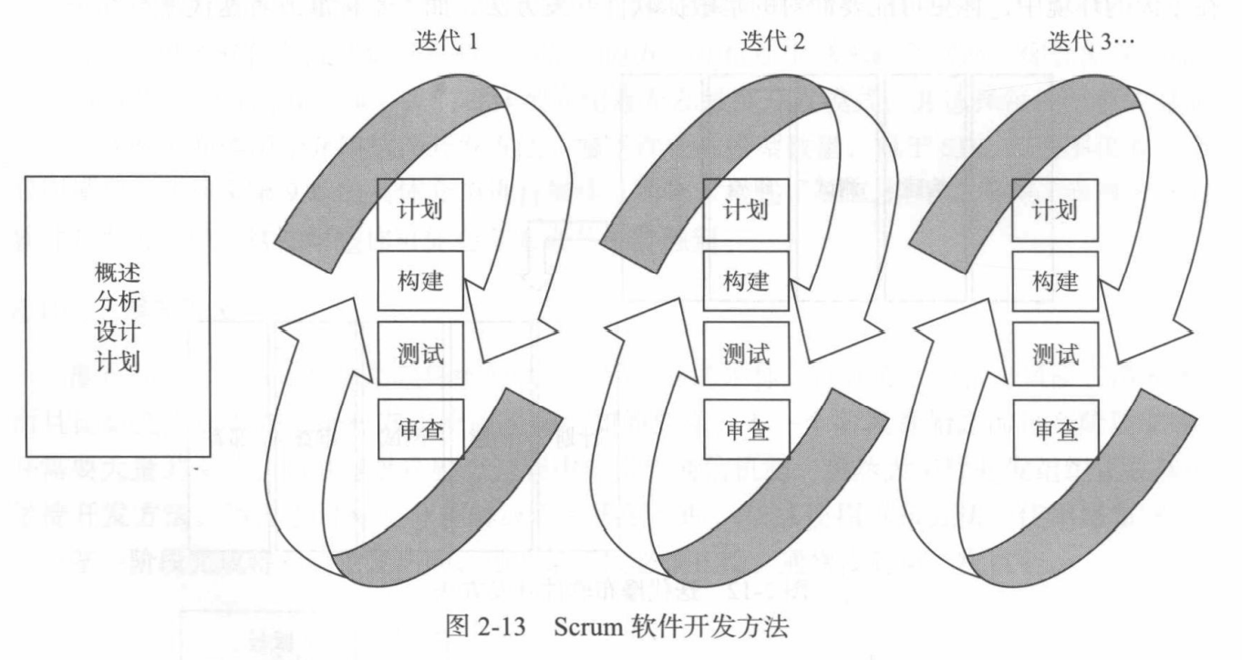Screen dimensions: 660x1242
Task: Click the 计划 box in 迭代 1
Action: point(420,209)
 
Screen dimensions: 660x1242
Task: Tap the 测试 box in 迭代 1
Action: point(420,355)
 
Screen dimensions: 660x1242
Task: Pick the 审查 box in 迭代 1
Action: point(420,428)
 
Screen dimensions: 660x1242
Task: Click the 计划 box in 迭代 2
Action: point(746,209)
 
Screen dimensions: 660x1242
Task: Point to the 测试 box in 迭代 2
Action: point(746,355)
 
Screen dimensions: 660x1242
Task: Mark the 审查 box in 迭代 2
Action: point(746,428)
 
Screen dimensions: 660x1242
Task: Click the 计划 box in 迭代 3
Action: point(1055,209)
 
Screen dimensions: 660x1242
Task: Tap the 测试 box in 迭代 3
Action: point(1055,355)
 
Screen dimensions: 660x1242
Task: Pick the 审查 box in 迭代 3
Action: point(1055,428)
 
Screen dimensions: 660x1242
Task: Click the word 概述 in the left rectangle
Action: point(117,273)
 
